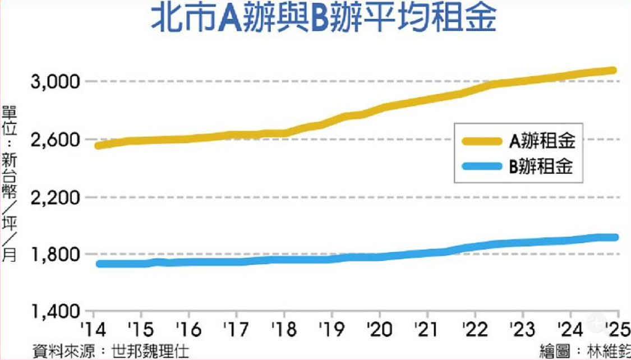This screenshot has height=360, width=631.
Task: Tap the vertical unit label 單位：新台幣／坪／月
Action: coord(9,182)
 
